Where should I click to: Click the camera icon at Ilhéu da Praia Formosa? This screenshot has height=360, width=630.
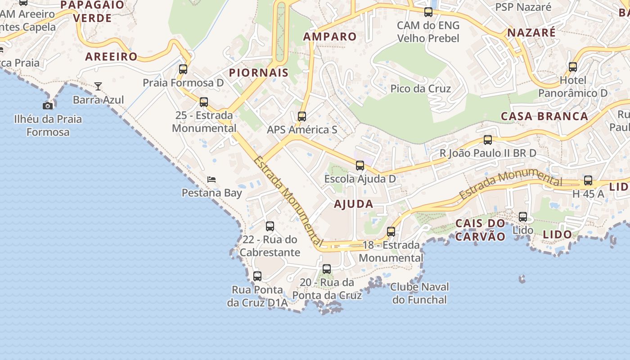click(x=48, y=106)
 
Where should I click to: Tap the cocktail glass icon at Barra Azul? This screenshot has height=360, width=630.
click(x=98, y=86)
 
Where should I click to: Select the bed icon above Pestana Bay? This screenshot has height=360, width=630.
click(x=211, y=180)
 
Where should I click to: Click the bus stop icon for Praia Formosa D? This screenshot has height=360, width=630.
click(x=183, y=69)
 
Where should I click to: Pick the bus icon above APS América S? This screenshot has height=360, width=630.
click(x=302, y=117)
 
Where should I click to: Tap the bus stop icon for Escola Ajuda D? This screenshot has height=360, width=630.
click(x=360, y=166)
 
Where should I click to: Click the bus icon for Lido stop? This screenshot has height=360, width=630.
click(x=523, y=217)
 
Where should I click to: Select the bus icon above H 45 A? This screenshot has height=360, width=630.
click(x=588, y=180)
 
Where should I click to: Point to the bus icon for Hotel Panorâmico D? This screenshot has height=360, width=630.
click(x=573, y=67)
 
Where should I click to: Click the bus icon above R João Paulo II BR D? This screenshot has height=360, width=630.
click(x=488, y=140)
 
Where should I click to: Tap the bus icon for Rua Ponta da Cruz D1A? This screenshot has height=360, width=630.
click(x=257, y=276)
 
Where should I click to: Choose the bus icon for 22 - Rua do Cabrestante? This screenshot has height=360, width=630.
click(x=270, y=226)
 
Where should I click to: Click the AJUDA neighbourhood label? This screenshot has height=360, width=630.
click(x=354, y=204)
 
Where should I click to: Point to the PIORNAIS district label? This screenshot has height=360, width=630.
click(x=259, y=73)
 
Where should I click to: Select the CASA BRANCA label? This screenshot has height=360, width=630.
click(x=544, y=116)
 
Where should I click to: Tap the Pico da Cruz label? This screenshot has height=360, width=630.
click(x=420, y=89)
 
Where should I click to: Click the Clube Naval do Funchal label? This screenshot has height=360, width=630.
click(x=419, y=293)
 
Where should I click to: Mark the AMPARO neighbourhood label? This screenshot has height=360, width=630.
click(x=330, y=36)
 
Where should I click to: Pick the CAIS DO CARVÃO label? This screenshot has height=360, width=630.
click(x=480, y=230)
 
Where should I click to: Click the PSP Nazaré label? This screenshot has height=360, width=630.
click(x=523, y=7)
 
